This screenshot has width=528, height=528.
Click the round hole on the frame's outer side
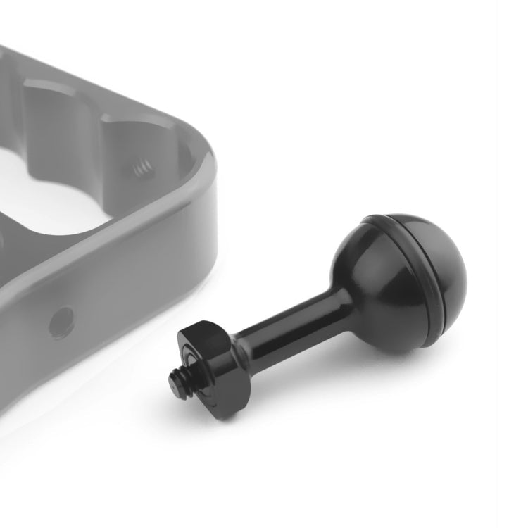[x=61, y=320]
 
